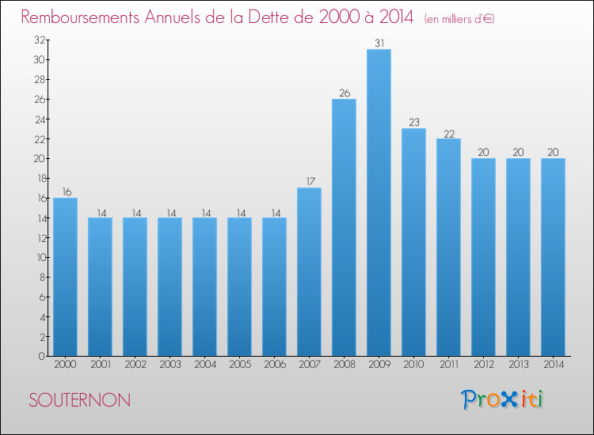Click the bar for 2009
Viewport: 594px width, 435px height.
(379, 202)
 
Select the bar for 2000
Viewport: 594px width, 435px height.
(65, 277)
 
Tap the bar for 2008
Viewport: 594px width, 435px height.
(344, 227)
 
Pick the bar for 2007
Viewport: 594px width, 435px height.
(309, 271)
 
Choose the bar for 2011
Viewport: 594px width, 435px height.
(448, 247)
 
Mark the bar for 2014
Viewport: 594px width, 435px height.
(553, 257)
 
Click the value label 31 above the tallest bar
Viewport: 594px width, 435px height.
(379, 43)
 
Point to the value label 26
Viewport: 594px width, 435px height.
(345, 93)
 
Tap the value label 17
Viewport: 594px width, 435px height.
(310, 182)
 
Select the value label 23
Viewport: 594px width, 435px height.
(414, 122)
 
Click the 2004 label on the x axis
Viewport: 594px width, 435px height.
(205, 364)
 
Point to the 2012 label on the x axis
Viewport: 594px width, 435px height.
(484, 364)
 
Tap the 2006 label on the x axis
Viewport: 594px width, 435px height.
(275, 364)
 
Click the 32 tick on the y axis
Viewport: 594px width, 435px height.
(40, 40)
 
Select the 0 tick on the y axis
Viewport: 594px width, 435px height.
(42, 356)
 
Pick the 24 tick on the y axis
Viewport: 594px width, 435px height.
(40, 120)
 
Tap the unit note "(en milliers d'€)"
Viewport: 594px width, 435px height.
(459, 18)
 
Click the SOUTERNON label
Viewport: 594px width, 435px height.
(79, 400)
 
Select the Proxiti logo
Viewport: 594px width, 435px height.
(502, 399)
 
